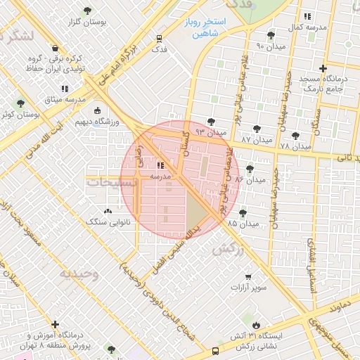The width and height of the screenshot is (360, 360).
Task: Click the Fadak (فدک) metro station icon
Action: [x=160, y=39]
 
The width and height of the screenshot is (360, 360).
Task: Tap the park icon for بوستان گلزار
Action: [x=87, y=11]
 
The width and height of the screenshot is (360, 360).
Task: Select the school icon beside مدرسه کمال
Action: [x=307, y=16]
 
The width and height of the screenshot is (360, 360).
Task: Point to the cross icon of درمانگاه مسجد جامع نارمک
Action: [x=323, y=69]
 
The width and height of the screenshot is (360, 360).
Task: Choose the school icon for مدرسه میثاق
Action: [x=65, y=89]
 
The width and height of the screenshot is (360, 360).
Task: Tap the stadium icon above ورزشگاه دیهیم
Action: [x=97, y=111]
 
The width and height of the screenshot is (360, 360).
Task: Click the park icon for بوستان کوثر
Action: [x=20, y=103]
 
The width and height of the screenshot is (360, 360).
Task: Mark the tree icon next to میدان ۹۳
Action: [x=211, y=122]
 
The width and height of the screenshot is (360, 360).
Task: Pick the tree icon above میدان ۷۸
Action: [x=295, y=136]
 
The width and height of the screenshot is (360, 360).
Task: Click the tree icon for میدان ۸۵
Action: [x=243, y=213]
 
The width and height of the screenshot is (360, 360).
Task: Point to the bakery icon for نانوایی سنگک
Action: [x=108, y=211]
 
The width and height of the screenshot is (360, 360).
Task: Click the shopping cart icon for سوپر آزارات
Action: [x=248, y=277]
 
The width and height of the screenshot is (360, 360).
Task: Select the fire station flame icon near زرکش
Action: [x=257, y=325]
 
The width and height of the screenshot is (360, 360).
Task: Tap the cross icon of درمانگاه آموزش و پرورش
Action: [x=55, y=324]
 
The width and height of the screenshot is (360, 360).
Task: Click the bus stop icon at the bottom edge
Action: [x=214, y=351]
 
